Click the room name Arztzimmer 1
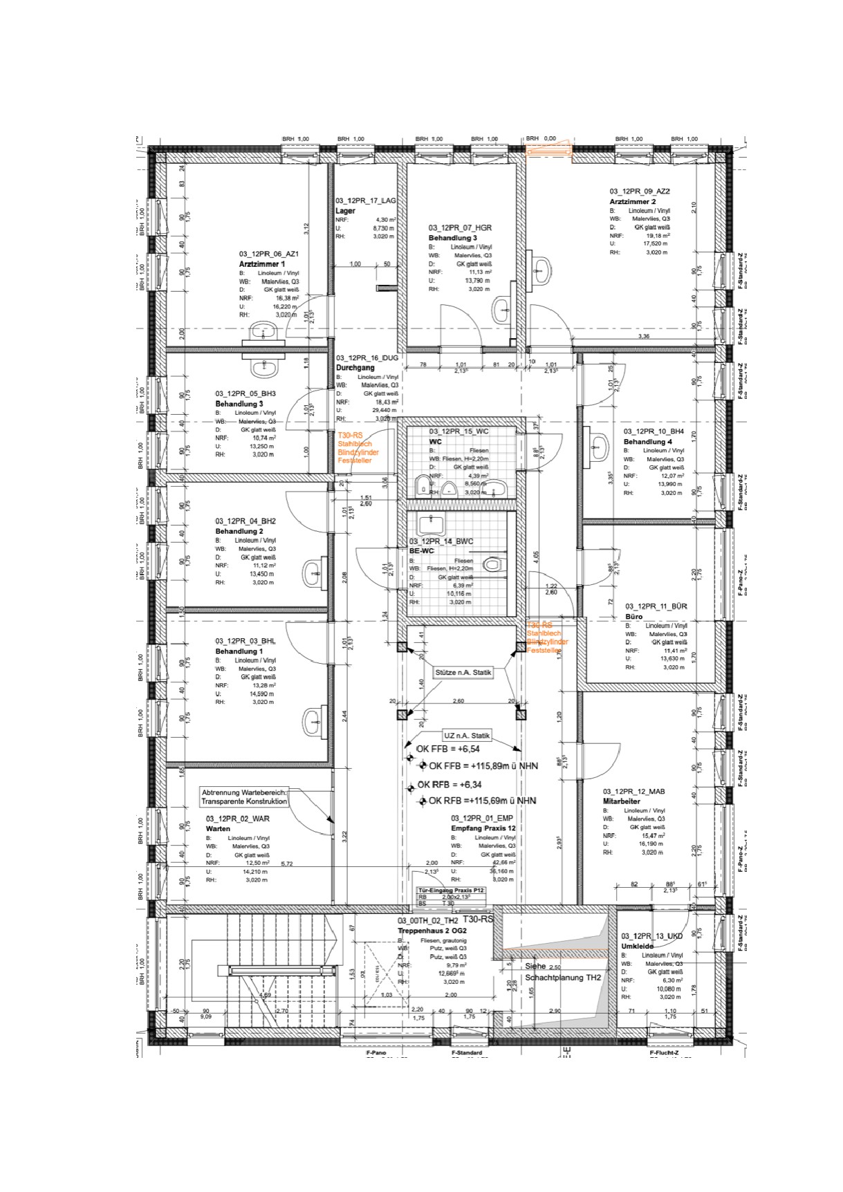261,264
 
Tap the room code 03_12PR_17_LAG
366,201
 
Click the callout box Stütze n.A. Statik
463,672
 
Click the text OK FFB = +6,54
447,749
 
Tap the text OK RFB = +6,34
449,785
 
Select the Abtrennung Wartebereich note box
244,797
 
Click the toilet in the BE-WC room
492,565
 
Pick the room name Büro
633,617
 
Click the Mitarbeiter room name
622,801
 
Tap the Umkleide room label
637,946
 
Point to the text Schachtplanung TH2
562,978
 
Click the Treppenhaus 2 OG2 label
427,931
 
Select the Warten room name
218,828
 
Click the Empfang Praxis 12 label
483,828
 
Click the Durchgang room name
355,368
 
